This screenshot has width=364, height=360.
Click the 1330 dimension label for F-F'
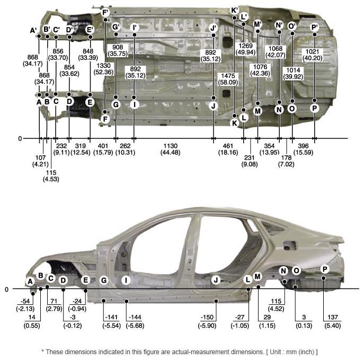(x=103, y=66)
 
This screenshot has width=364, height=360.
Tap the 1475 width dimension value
(x=228, y=76)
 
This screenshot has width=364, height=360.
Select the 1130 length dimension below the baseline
(x=171, y=146)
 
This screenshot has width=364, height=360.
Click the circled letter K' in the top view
(x=234, y=11)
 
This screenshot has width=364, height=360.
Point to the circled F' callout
(x=105, y=12)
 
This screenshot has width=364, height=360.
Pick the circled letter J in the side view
(x=216, y=280)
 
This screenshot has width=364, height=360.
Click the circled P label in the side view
(x=325, y=269)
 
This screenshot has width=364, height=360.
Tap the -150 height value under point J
(x=207, y=317)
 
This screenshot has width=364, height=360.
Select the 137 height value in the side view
(x=333, y=317)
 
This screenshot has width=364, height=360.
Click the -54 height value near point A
(x=25, y=301)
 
